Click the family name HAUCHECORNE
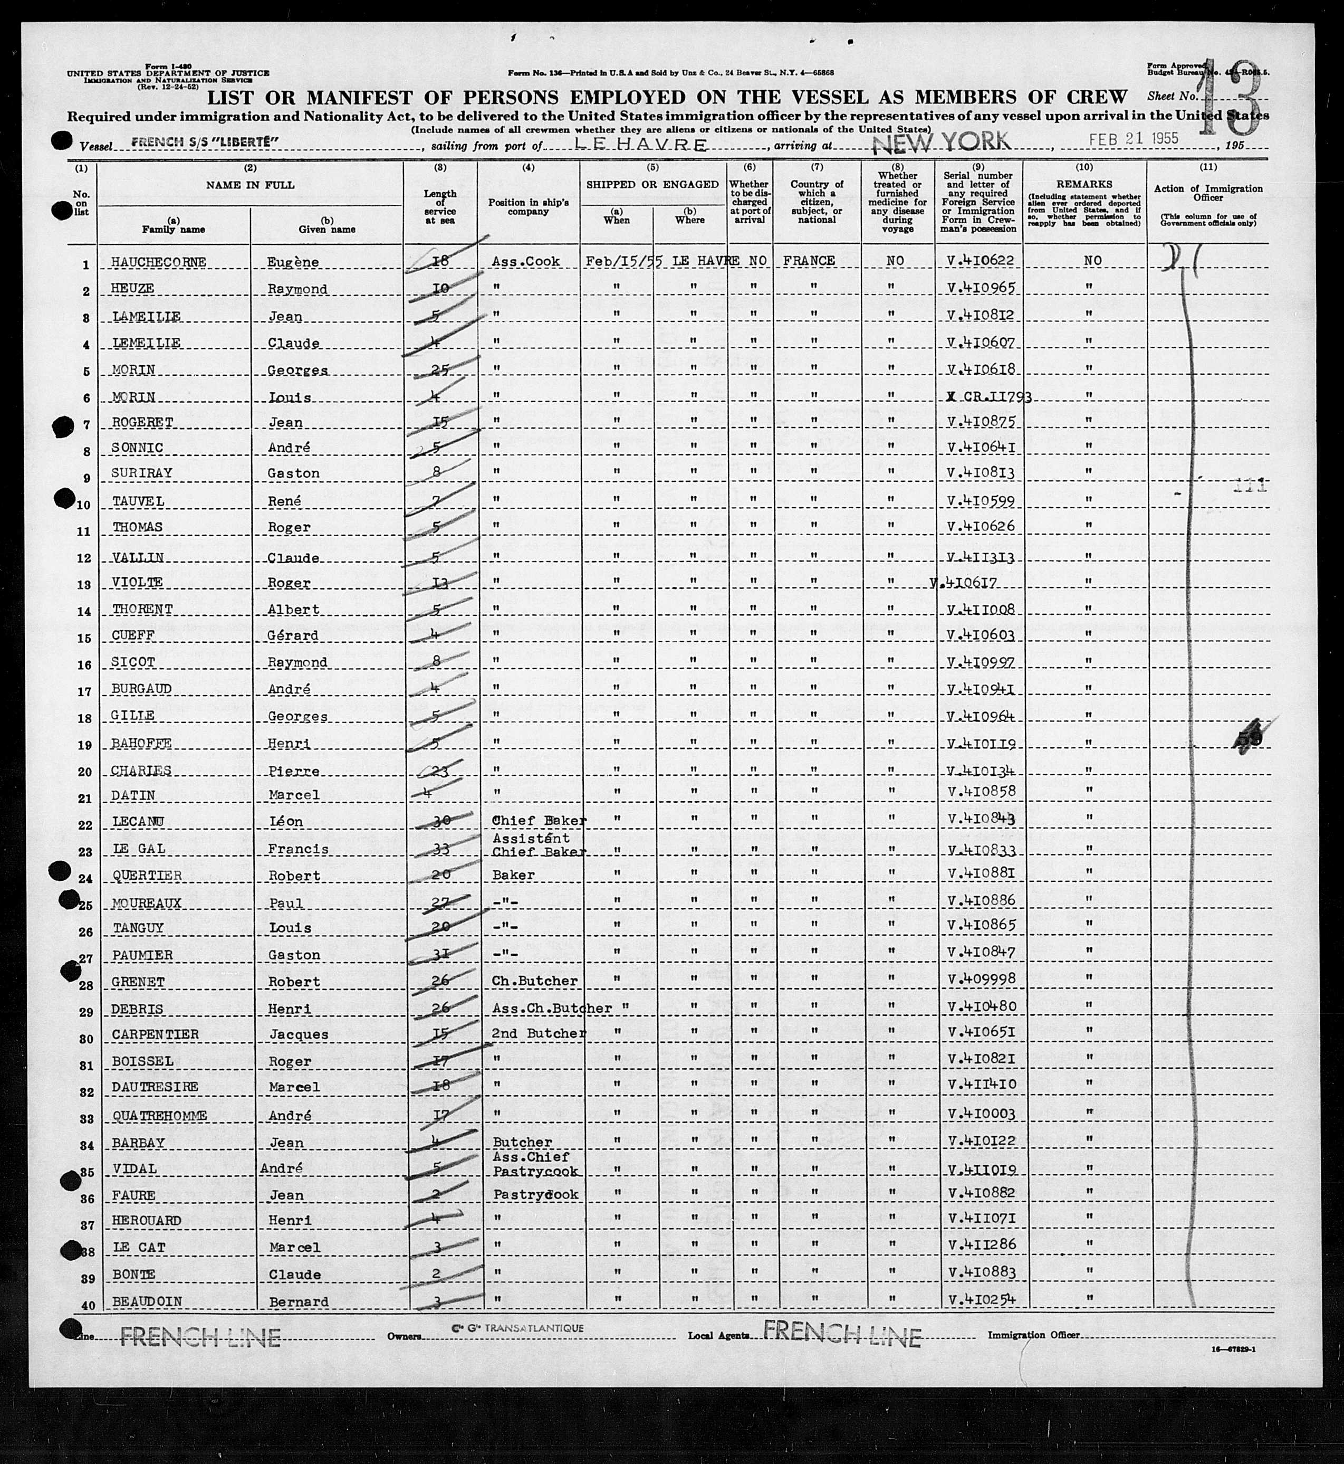[159, 262]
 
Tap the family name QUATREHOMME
[159, 1116]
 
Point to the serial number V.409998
[981, 981]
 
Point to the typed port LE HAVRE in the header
[640, 144]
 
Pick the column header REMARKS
[1084, 185]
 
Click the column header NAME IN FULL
[250, 185]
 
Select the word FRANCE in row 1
[809, 261]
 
